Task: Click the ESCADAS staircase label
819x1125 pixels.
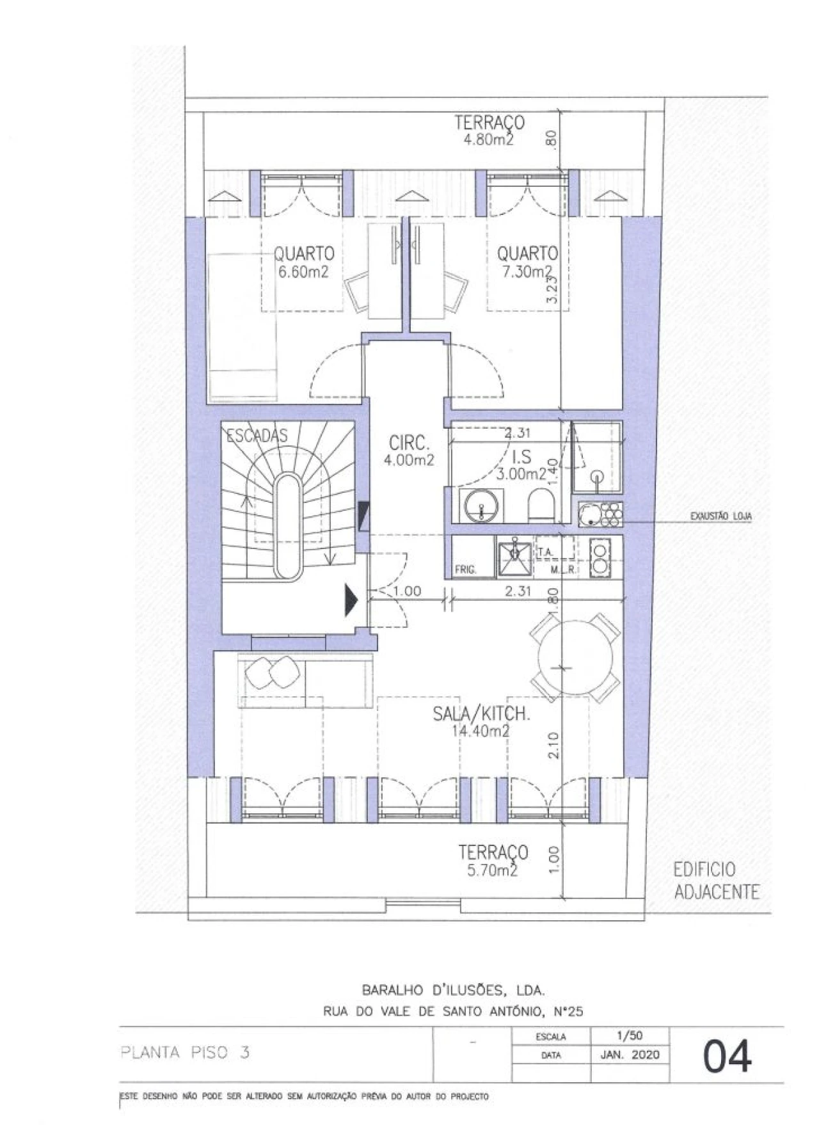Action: pos(257,435)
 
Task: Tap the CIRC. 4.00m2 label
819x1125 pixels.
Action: pos(409,451)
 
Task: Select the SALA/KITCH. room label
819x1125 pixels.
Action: pos(481,714)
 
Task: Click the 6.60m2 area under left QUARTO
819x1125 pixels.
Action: pos(303,271)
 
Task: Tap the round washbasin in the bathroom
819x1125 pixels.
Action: pos(481,505)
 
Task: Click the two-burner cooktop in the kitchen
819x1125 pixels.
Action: pos(600,557)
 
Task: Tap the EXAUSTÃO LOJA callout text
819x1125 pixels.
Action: pos(720,516)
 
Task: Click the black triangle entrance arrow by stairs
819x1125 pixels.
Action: pos(350,600)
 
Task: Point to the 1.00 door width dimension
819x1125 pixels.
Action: pos(407,591)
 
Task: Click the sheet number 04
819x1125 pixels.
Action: pos(728,1055)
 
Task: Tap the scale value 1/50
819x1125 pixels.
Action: pos(630,1035)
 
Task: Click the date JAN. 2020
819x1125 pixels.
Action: pos(630,1055)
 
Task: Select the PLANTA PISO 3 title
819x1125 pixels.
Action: pos(185,1053)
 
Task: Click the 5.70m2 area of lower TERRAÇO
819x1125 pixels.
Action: pos(492,870)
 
